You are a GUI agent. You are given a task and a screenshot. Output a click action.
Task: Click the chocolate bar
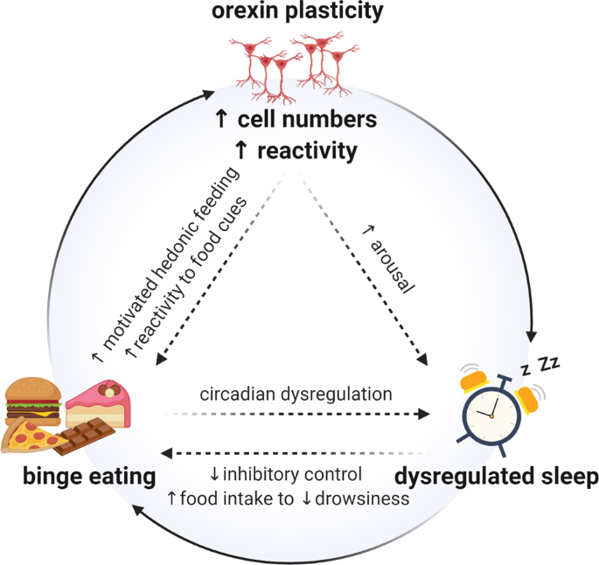(85, 436)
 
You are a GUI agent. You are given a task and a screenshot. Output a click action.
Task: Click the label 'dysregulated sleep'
(496, 478)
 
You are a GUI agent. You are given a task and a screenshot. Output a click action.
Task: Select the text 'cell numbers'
(308, 119)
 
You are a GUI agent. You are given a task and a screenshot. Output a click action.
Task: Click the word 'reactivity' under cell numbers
(308, 150)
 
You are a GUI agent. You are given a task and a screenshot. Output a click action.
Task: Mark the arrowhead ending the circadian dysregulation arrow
(430, 413)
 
